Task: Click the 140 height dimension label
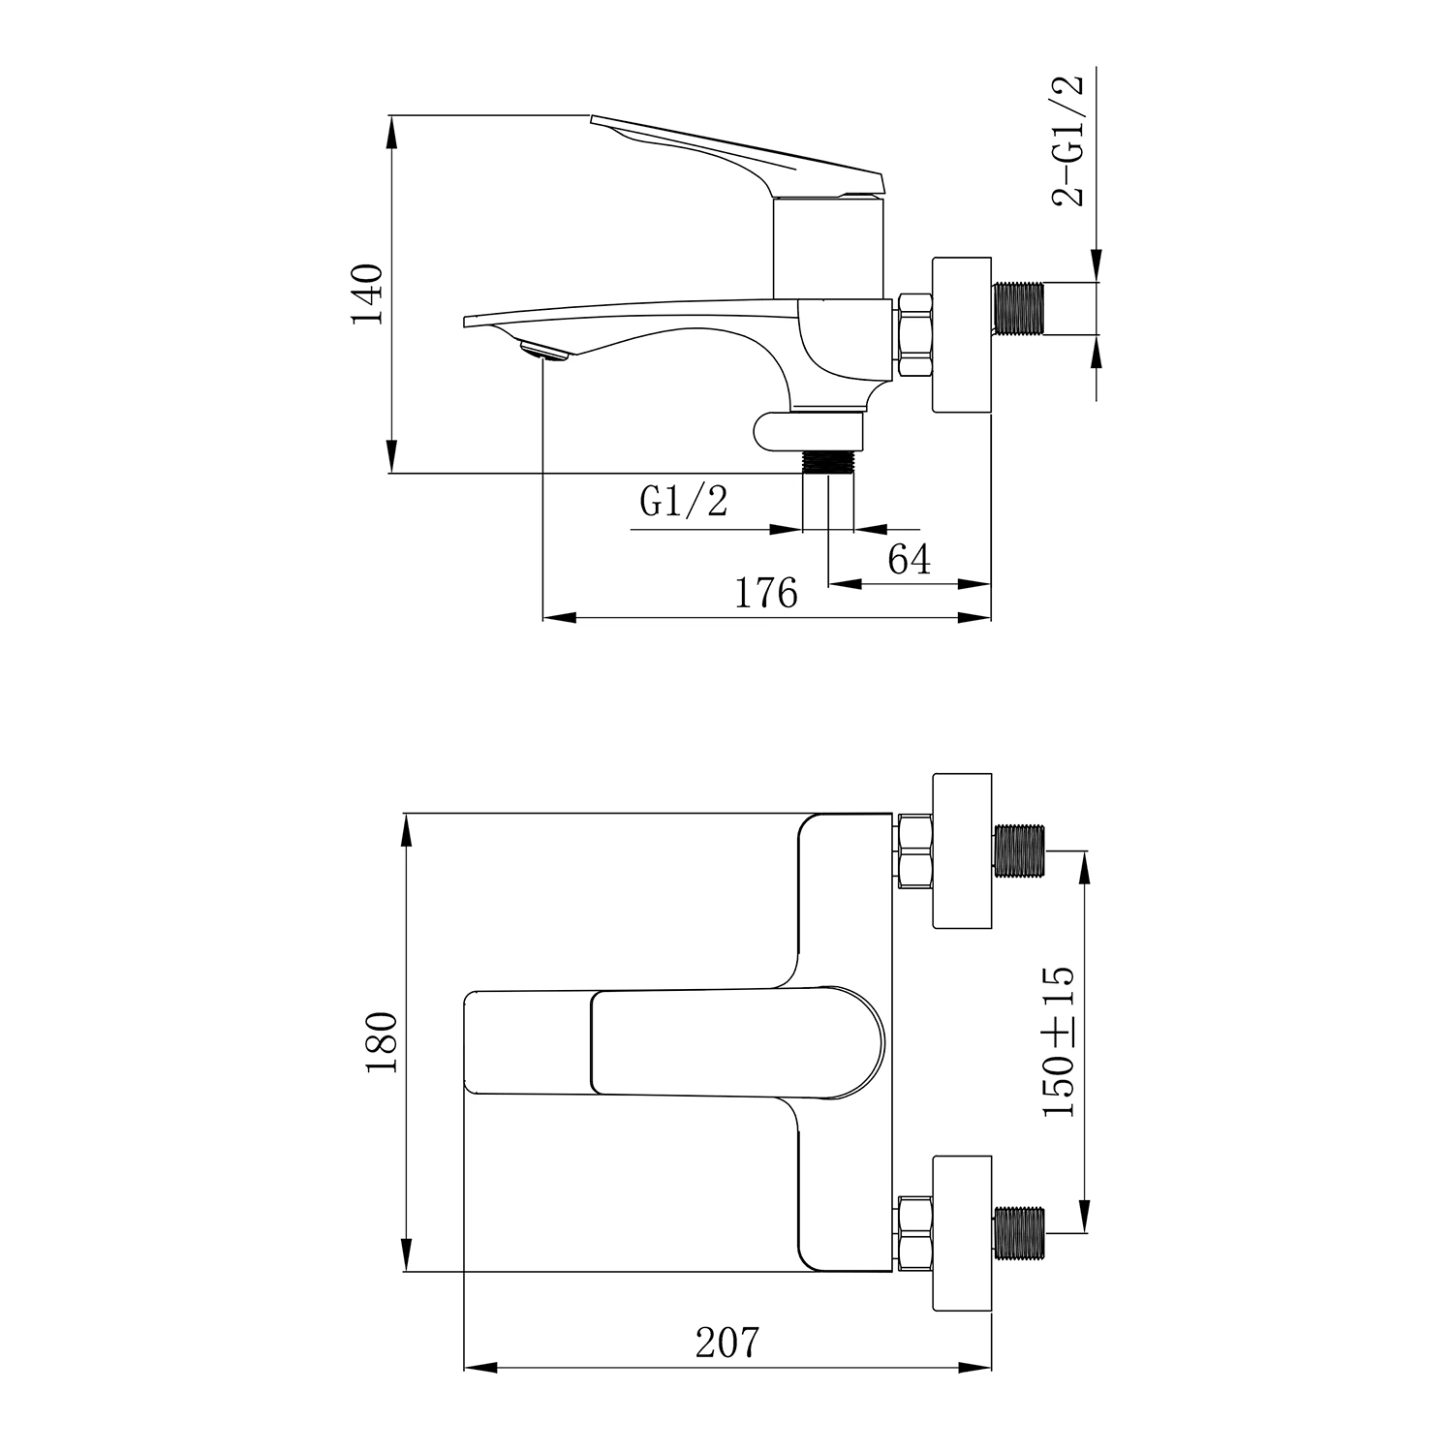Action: (369, 294)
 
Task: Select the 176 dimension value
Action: (766, 593)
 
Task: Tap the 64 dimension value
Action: (910, 559)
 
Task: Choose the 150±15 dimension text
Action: (1059, 1041)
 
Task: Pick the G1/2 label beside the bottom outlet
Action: (683, 501)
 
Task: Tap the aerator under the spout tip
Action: (543, 351)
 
